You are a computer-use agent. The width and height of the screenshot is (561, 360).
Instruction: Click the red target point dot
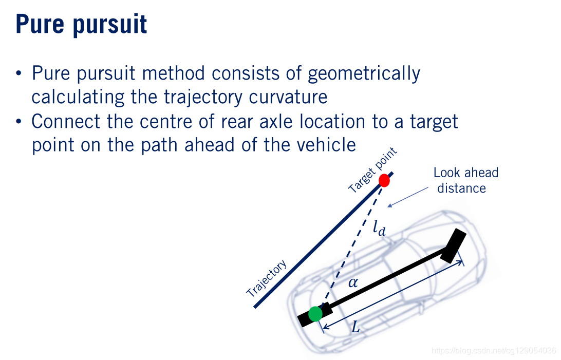pyautogui.click(x=384, y=180)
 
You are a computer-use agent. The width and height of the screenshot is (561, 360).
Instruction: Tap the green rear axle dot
pyautogui.click(x=315, y=313)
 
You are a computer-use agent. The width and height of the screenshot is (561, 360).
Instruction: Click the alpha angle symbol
pyautogui.click(x=353, y=282)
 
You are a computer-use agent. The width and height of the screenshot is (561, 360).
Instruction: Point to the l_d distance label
pyautogui.click(x=379, y=228)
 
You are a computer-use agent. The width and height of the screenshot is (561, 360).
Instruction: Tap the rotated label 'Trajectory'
pyautogui.click(x=266, y=279)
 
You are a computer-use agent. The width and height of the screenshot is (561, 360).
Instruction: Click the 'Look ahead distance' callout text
pyautogui.click(x=465, y=180)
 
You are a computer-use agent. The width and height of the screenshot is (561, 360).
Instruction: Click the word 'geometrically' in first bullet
pyautogui.click(x=364, y=74)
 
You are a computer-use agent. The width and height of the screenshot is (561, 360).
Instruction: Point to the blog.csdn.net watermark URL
pyautogui.click(x=494, y=351)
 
